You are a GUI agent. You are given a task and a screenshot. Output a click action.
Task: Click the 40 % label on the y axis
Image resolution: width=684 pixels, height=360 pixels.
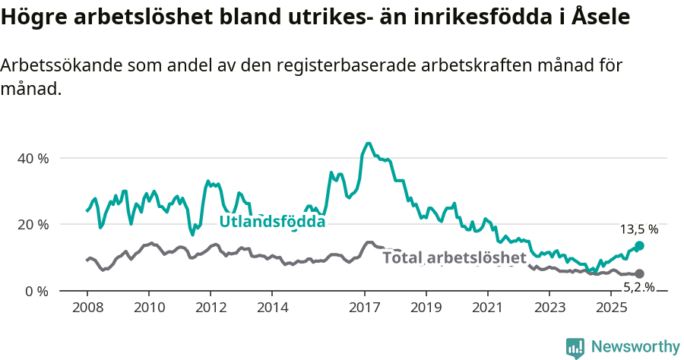(x=33, y=159)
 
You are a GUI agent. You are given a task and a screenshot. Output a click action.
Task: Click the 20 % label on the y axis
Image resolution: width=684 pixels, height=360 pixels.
(x=33, y=225)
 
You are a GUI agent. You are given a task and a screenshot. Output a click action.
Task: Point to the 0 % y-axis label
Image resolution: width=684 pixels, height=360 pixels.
(x=37, y=292)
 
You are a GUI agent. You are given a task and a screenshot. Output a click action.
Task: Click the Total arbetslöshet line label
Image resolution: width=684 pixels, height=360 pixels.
(x=454, y=257)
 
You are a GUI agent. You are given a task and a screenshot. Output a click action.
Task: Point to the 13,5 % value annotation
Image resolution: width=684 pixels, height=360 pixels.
(x=639, y=229)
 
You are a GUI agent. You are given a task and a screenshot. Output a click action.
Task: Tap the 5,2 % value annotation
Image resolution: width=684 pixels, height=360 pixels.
(x=639, y=287)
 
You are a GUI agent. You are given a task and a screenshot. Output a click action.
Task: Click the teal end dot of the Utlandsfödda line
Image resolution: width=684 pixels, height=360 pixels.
(x=640, y=246)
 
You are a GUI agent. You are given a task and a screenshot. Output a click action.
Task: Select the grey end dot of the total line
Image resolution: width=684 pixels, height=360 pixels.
(x=640, y=273)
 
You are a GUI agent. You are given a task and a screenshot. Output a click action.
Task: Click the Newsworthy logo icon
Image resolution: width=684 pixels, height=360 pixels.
(x=575, y=347)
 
